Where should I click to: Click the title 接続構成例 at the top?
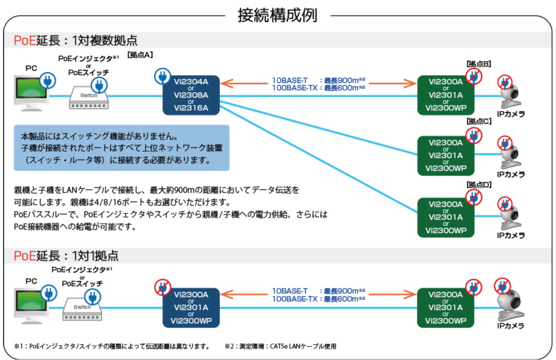pyautogui.click(x=278, y=15)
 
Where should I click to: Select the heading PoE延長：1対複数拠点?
pyautogui.click(x=75, y=41)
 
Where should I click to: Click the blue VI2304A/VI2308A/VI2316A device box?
pyautogui.click(x=191, y=95)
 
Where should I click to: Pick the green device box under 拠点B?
pyautogui.click(x=446, y=95)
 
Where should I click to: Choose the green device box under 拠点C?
pyautogui.click(x=446, y=155)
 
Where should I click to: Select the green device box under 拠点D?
pyautogui.click(x=446, y=216)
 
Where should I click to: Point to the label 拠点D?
pyautogui.click(x=478, y=184)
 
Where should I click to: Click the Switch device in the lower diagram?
pyautogui.click(x=82, y=311)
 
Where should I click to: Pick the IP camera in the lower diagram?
pyautogui.click(x=511, y=305)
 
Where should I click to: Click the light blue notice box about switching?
pyautogui.click(x=122, y=148)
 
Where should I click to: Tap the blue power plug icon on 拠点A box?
pyautogui.click(x=162, y=76)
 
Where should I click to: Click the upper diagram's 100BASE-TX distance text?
pyautogui.click(x=318, y=88)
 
